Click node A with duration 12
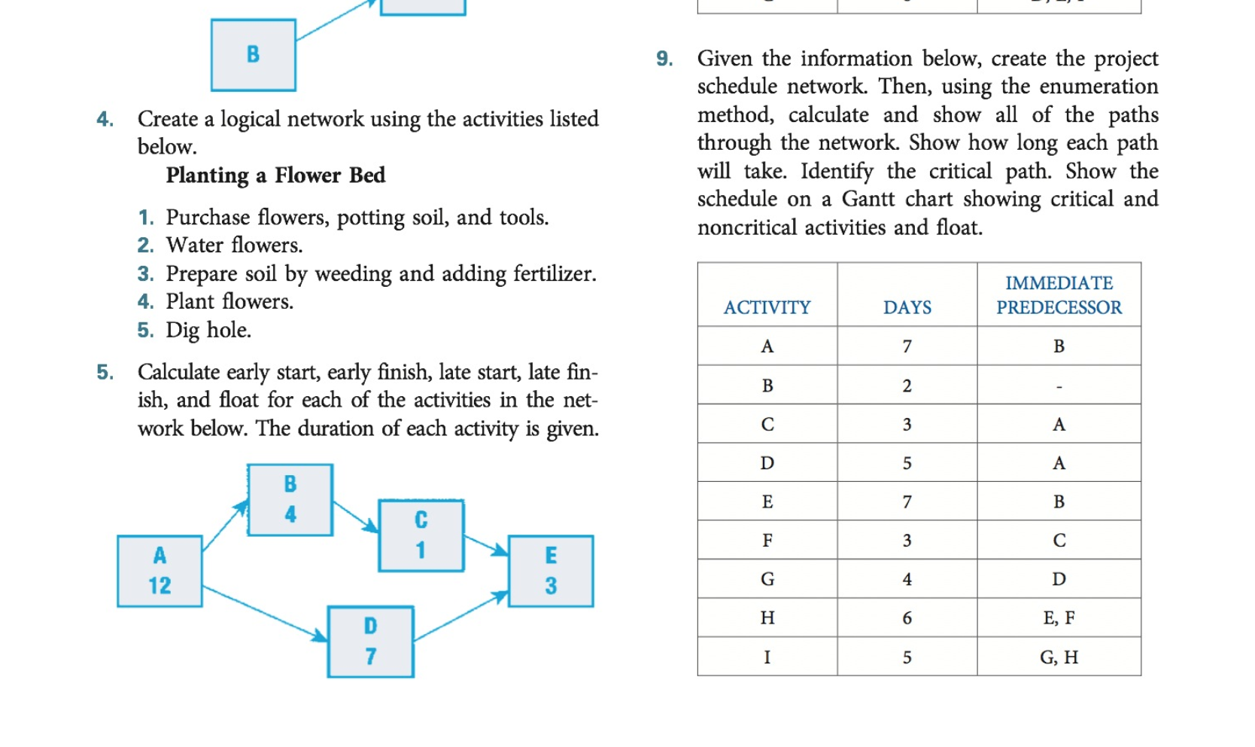click(160, 571)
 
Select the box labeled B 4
click(290, 500)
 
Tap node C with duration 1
click(421, 535)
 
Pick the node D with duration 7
click(371, 642)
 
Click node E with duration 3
click(551, 571)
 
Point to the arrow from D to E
click(461, 616)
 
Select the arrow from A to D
click(264, 613)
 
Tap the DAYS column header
click(907, 307)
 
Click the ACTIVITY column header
click(767, 307)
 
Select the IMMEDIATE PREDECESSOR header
click(1059, 295)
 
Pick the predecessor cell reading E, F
click(1059, 617)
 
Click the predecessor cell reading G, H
click(1059, 657)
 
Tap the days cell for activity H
click(907, 617)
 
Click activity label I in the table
click(767, 657)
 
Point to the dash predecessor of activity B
click(1059, 386)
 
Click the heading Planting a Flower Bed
click(275, 175)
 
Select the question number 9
click(664, 58)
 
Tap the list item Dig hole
click(208, 330)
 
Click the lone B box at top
click(254, 55)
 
